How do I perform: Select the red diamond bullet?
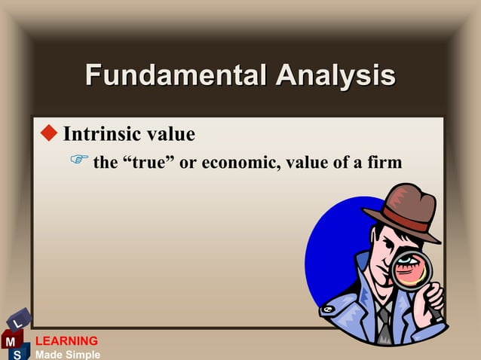[49, 134]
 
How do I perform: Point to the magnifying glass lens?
[411, 270]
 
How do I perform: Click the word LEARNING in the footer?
[66, 341]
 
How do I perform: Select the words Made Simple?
[67, 354]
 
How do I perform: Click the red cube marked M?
[11, 340]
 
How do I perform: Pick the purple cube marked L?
[20, 319]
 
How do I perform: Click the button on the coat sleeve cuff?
[327, 310]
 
